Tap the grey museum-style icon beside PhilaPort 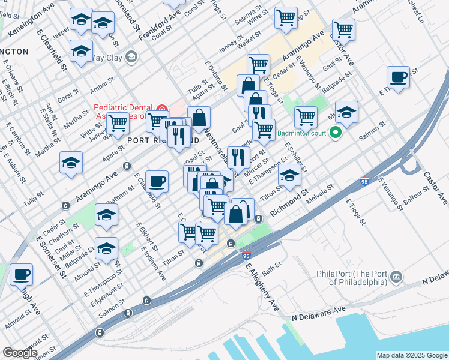coord(396,276)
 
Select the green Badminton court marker coord(336,133)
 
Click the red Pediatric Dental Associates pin coord(161,108)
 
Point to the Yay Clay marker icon coord(131,58)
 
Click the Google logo coord(19,353)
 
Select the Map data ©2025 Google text coord(412,355)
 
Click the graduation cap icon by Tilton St coord(289,175)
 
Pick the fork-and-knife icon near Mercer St coord(239,157)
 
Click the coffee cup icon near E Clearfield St coord(157,181)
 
